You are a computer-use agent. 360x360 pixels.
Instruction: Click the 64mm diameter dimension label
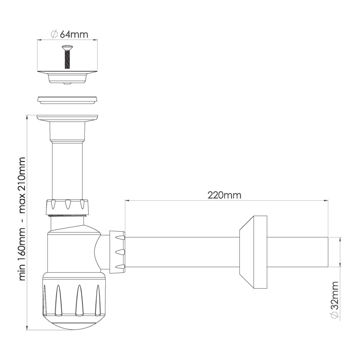click(x=69, y=34)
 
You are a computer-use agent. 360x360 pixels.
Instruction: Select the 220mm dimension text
click(x=224, y=195)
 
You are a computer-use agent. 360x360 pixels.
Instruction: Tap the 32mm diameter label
click(x=335, y=300)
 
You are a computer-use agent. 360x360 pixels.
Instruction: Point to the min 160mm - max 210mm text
click(x=22, y=219)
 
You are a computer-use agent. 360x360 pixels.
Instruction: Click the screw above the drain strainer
click(x=67, y=57)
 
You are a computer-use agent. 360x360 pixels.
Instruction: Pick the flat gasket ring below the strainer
click(x=67, y=100)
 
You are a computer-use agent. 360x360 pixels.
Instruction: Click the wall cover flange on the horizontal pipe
click(x=253, y=252)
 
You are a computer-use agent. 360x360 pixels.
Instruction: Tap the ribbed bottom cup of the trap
click(x=74, y=300)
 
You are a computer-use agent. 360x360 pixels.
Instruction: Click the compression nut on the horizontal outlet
click(x=117, y=252)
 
